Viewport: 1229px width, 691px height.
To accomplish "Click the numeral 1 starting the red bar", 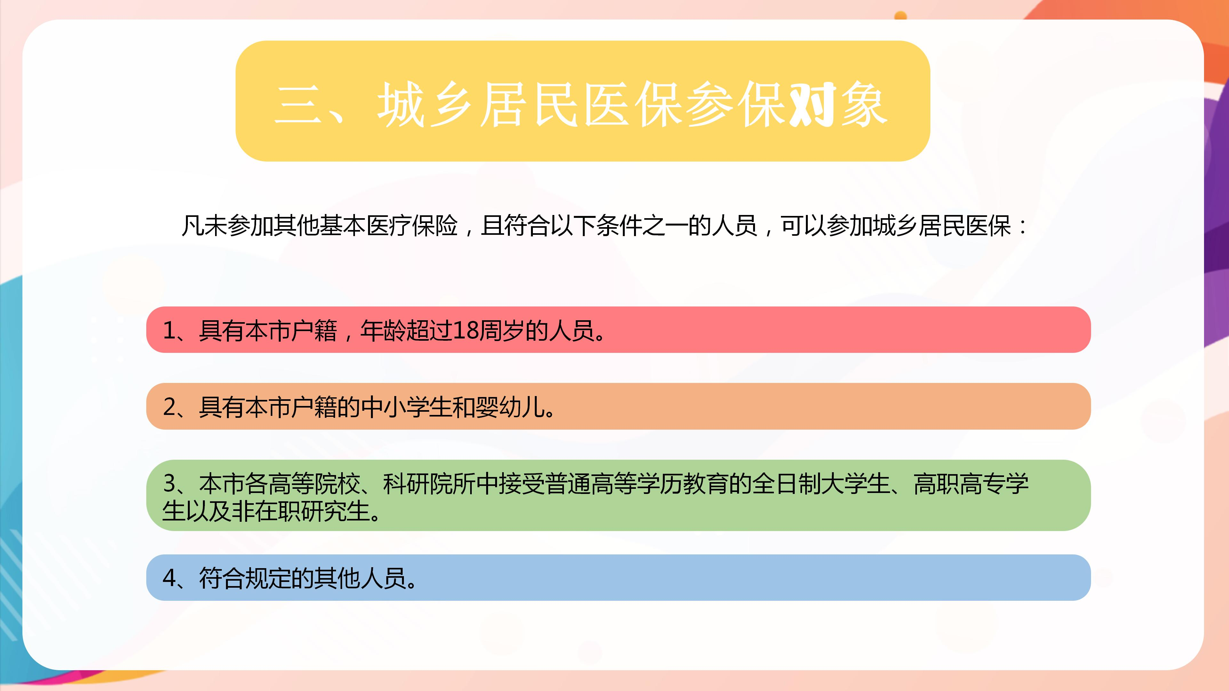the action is point(169,330).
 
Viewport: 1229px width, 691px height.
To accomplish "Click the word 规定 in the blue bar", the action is point(268,578).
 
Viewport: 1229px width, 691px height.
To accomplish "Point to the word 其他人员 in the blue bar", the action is point(360,578).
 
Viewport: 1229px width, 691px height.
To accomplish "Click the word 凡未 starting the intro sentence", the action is point(204,226).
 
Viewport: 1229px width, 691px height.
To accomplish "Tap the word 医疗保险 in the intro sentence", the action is point(411,226).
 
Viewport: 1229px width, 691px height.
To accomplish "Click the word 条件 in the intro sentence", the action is point(619,226).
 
